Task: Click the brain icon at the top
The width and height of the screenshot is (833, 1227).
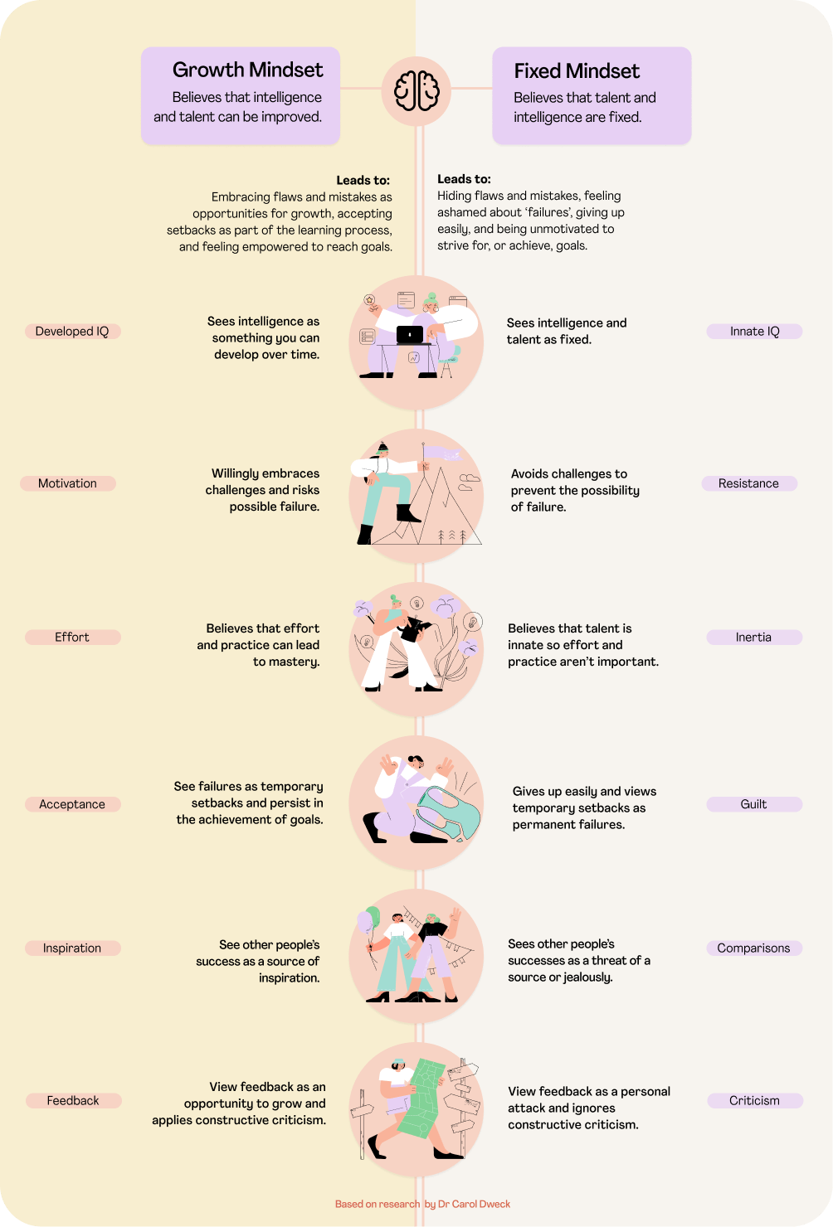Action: [x=416, y=90]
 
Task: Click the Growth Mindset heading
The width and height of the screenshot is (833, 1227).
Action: [x=247, y=70]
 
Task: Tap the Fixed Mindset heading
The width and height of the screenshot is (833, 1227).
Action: [x=577, y=71]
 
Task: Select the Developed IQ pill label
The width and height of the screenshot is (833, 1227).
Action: [x=72, y=332]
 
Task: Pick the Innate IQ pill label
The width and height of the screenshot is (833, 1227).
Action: [x=754, y=332]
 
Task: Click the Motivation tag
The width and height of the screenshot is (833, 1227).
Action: [x=67, y=483]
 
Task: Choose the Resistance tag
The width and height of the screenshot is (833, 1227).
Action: [x=748, y=483]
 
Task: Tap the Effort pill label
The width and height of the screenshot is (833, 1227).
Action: [x=72, y=638]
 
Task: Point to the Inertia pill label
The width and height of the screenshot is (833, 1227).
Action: [x=753, y=638]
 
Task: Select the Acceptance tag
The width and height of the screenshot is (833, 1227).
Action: [x=72, y=804]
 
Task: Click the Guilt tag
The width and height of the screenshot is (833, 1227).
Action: [x=753, y=804]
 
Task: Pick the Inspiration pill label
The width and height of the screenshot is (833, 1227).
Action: [x=72, y=948]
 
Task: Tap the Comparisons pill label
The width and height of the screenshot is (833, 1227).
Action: [x=753, y=948]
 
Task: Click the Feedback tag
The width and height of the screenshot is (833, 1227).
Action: [x=73, y=1101]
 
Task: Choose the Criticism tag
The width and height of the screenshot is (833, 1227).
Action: [x=754, y=1101]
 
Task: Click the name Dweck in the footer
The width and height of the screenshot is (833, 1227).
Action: [x=494, y=1204]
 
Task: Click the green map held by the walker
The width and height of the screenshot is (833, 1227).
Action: [x=424, y=1098]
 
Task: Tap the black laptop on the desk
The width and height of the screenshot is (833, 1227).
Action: [x=410, y=334]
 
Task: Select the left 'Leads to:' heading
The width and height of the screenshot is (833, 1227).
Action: [x=363, y=180]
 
